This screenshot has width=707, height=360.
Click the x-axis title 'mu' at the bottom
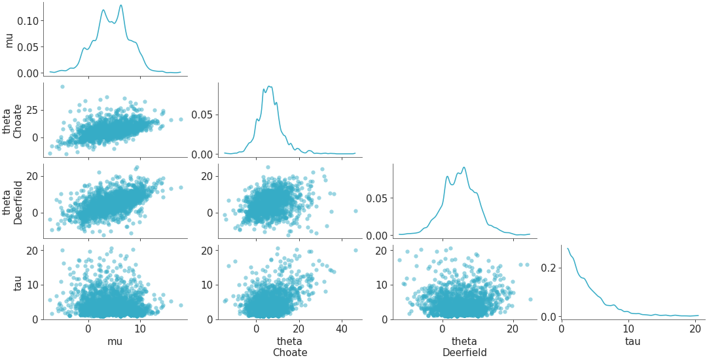(115, 341)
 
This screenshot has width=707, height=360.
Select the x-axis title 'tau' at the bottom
(632, 341)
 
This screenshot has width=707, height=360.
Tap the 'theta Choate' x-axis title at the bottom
(289, 347)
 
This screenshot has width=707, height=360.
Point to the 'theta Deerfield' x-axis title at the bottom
(464, 347)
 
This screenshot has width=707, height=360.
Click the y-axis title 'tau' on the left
(9, 281)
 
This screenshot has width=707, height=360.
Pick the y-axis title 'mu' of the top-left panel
(9, 39)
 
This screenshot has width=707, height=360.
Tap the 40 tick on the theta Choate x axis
(342, 329)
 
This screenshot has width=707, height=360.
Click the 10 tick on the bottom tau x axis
(628, 329)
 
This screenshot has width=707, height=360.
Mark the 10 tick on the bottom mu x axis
(139, 329)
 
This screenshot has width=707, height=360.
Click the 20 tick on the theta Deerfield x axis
(513, 329)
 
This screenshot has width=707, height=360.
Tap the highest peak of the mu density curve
(121, 5)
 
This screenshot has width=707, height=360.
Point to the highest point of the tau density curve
(567, 248)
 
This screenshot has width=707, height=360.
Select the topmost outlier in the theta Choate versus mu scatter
(62, 86)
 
